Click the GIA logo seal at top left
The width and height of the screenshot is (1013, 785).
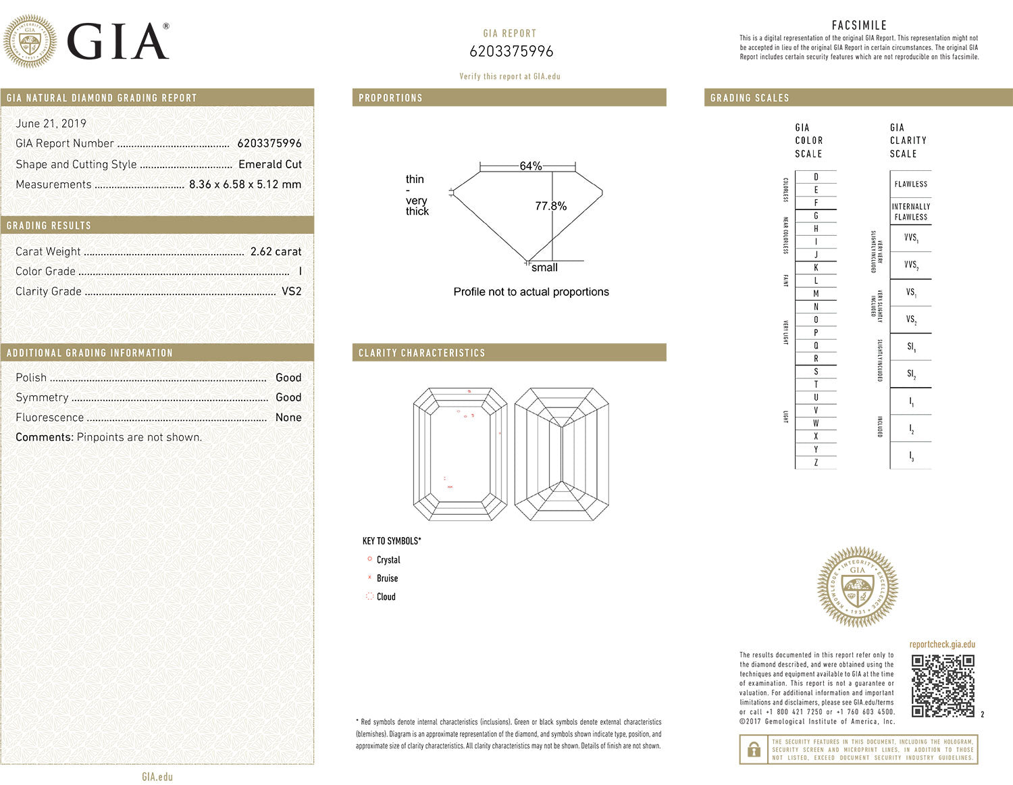(x=30, y=42)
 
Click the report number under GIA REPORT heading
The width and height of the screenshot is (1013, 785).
(x=511, y=51)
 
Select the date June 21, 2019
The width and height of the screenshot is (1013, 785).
(x=51, y=124)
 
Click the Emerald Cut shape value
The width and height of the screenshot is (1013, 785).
(x=269, y=164)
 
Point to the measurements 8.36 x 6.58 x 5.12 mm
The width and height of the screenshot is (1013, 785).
(x=244, y=184)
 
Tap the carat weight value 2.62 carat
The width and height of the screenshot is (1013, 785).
(x=276, y=251)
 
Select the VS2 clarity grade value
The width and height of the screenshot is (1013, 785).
(x=291, y=291)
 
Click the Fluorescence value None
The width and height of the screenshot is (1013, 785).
(x=288, y=417)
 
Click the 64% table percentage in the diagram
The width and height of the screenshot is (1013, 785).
(x=530, y=166)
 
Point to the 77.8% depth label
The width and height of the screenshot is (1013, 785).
(x=550, y=206)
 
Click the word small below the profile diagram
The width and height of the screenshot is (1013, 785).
(x=544, y=268)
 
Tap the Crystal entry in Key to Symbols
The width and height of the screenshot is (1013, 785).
(x=388, y=560)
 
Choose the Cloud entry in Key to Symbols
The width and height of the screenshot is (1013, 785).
(x=386, y=597)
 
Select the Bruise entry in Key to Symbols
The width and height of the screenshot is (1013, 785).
(x=387, y=578)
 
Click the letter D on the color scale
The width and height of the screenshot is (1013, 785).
(x=816, y=177)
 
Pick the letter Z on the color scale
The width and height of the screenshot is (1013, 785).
(x=816, y=463)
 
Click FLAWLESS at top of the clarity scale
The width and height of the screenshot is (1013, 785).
(x=910, y=184)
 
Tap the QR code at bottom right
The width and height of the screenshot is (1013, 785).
(x=943, y=686)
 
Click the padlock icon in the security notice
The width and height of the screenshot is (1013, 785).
(x=754, y=749)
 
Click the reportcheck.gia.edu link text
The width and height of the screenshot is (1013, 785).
(x=942, y=644)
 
